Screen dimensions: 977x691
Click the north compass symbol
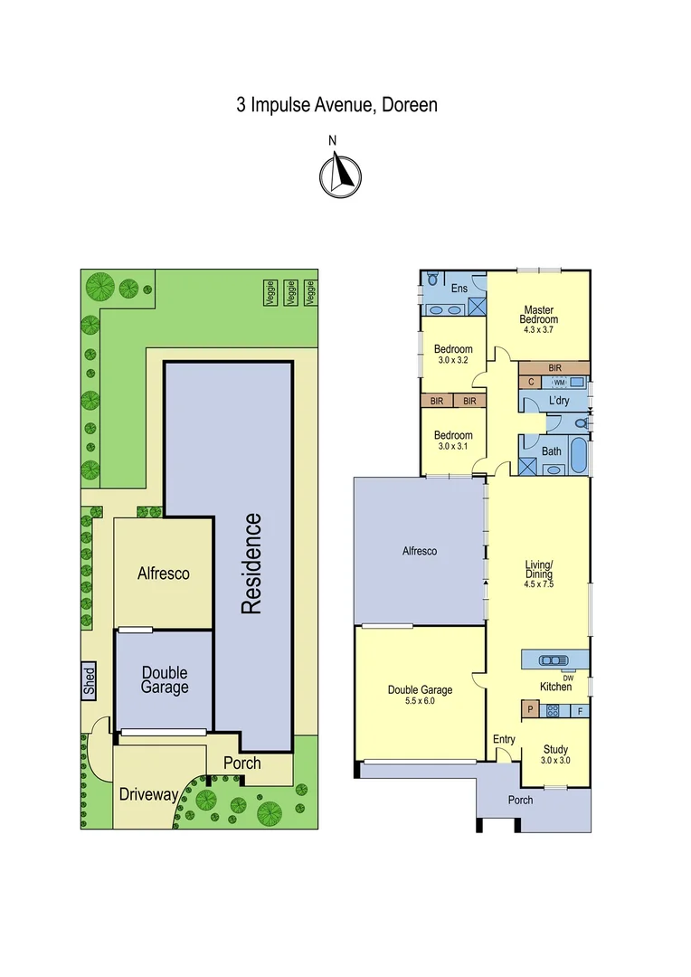(x=339, y=175)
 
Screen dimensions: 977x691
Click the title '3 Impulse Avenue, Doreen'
(x=336, y=105)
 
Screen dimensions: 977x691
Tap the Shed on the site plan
(x=89, y=680)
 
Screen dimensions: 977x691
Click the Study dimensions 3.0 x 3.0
(x=555, y=761)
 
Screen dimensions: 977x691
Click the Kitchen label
(x=555, y=687)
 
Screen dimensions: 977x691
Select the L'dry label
(x=558, y=401)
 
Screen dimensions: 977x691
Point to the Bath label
(x=552, y=451)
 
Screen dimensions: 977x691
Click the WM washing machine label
(x=559, y=383)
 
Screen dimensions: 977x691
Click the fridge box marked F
(x=580, y=711)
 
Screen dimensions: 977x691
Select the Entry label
(x=504, y=739)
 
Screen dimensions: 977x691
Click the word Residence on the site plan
(x=251, y=564)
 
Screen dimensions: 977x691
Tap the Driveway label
(x=148, y=794)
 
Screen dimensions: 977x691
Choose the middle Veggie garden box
(x=291, y=291)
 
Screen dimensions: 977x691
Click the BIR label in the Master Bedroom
(x=554, y=368)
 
